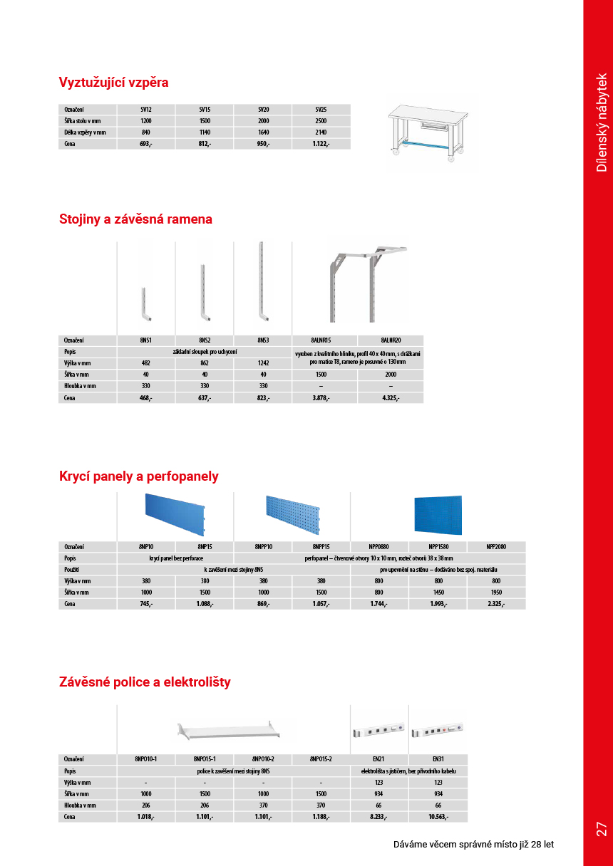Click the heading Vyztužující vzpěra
(x=113, y=83)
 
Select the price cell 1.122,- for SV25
(x=321, y=144)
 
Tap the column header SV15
(x=205, y=110)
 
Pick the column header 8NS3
(x=263, y=340)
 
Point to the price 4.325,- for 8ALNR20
(x=390, y=398)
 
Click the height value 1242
(x=263, y=363)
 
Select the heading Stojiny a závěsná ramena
(x=135, y=219)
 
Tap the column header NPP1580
(x=438, y=546)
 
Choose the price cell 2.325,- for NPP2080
(x=496, y=604)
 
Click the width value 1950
(x=496, y=593)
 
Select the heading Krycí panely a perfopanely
(x=138, y=476)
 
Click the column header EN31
(x=438, y=759)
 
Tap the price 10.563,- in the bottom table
(x=438, y=817)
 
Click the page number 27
(x=601, y=829)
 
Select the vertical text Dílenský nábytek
(x=602, y=122)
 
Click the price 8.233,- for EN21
(x=379, y=817)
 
